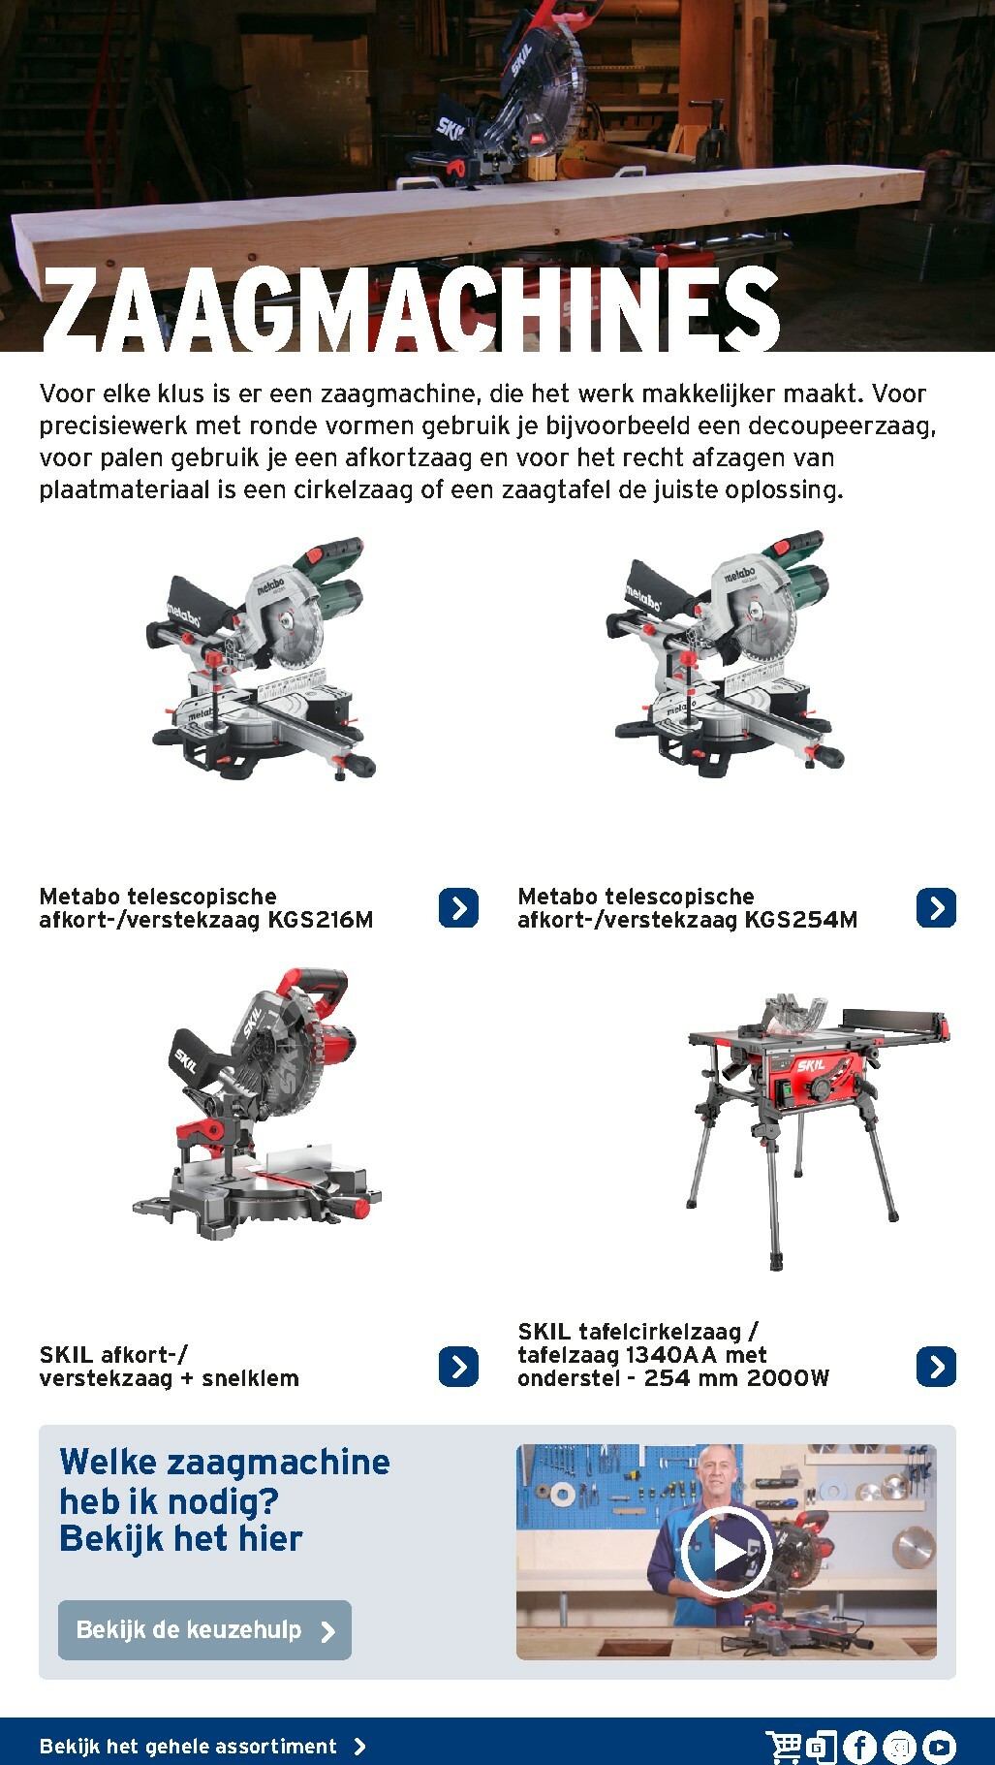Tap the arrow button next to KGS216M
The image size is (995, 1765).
[x=458, y=908]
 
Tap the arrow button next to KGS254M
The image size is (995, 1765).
[x=936, y=908]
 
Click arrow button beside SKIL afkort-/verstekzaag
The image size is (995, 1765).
[x=458, y=1367]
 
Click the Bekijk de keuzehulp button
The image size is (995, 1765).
[x=204, y=1630]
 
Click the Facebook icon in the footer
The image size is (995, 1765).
[x=859, y=1747]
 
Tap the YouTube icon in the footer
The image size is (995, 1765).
[x=939, y=1747]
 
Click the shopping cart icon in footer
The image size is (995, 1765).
[x=784, y=1747]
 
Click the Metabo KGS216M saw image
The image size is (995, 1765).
[x=260, y=659]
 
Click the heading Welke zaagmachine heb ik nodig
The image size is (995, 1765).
[x=224, y=1499]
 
